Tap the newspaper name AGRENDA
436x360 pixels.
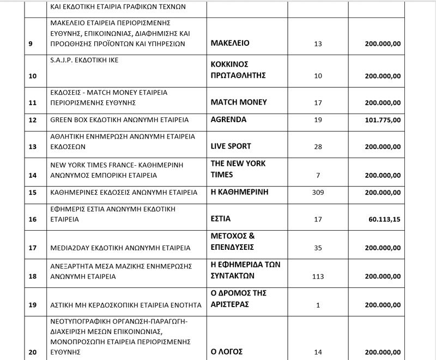point(228,119)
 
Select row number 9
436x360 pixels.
point(31,44)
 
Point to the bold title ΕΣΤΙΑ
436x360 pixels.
point(221,219)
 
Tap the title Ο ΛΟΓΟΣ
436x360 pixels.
point(226,351)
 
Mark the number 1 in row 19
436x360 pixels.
point(318,305)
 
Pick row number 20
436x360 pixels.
point(32,352)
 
